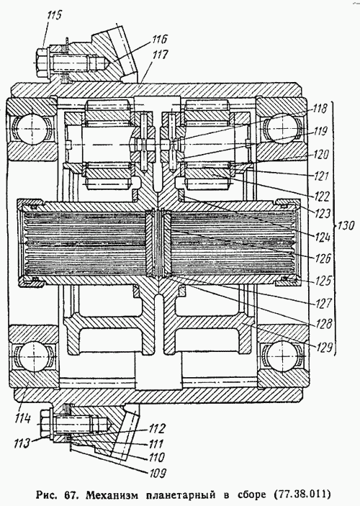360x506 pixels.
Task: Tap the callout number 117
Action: click(161, 55)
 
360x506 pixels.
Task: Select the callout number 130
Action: click(346, 225)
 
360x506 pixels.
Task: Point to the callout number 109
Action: click(158, 473)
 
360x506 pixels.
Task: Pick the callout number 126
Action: click(323, 258)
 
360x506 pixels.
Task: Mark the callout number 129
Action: click(324, 348)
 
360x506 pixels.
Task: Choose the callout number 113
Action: click(22, 443)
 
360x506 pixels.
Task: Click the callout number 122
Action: click(321, 196)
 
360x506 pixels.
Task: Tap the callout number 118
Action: click(319, 108)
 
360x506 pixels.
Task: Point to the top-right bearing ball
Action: click(281, 128)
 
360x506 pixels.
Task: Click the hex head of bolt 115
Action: click(41, 63)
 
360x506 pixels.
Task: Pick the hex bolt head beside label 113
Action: click(45, 423)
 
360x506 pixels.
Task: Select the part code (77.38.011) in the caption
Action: click(302, 494)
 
